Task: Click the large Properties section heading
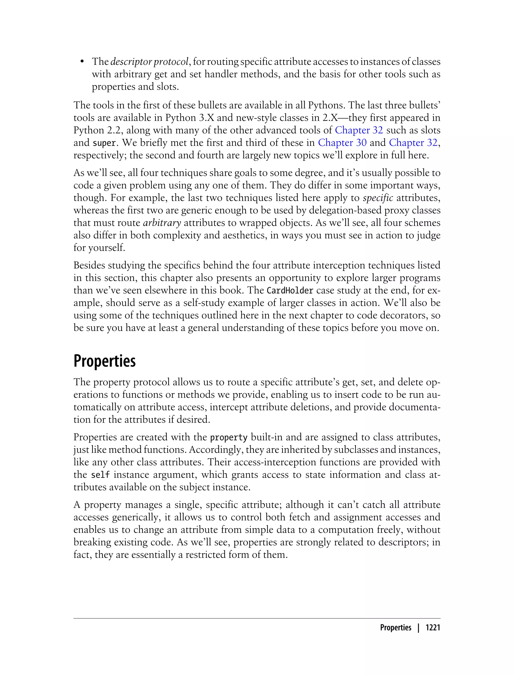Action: coord(104,361)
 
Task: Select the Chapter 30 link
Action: coord(342,143)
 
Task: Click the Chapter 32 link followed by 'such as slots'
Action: coord(359,130)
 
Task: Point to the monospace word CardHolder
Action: coord(290,290)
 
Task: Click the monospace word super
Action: coord(104,143)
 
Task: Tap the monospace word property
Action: coord(229,437)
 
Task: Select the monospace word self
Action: coord(100,475)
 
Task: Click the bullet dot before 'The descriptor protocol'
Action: coord(82,62)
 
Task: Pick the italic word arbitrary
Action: coord(162,222)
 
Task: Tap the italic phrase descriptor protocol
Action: coord(149,62)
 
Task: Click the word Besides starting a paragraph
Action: coord(89,265)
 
